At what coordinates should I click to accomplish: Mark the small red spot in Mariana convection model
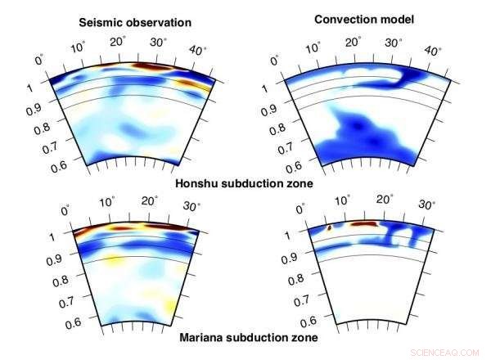click(328, 228)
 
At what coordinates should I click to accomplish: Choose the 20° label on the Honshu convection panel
click(354, 42)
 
